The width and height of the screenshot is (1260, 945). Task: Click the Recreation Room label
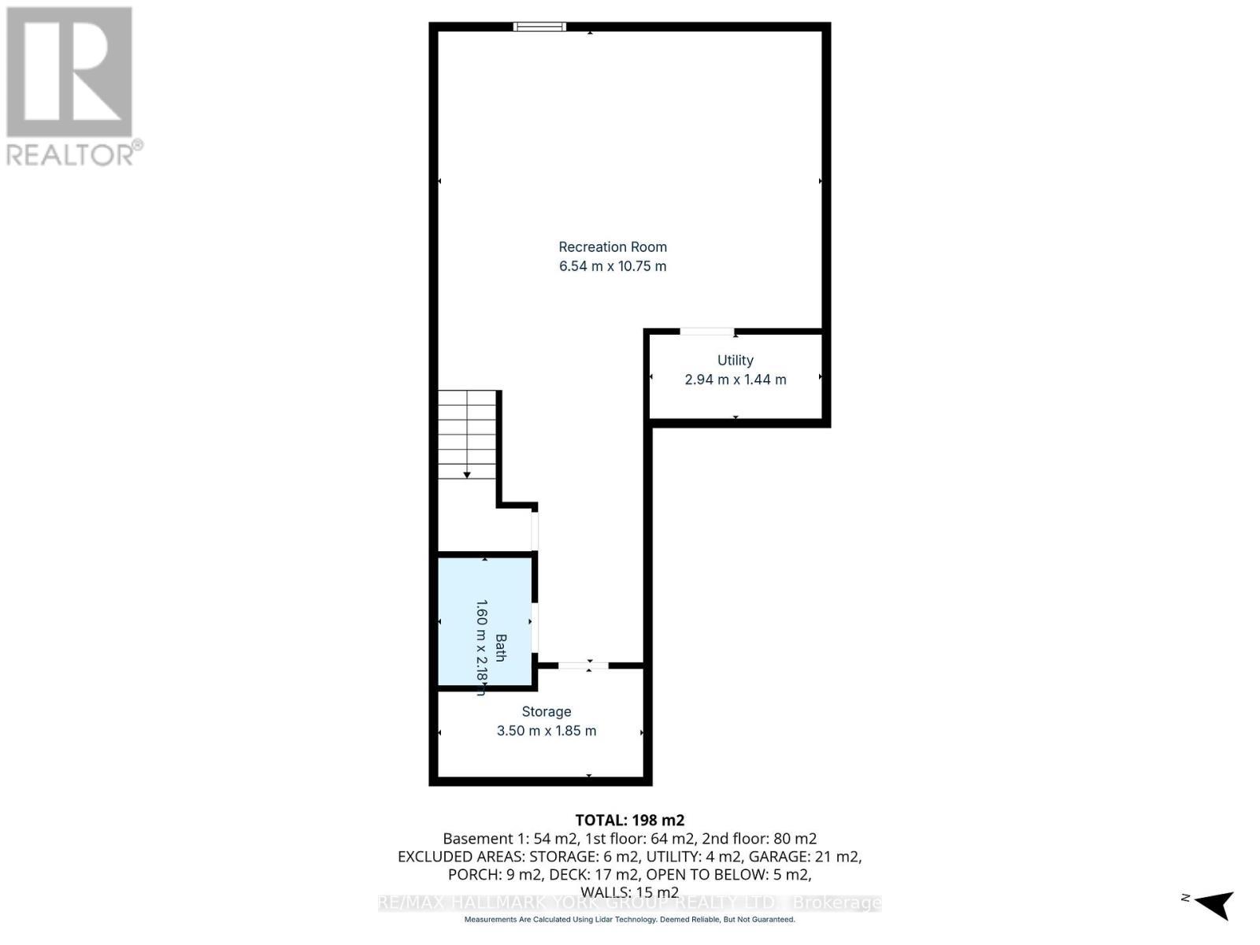(x=613, y=247)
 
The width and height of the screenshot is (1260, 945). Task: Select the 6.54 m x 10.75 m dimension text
(x=613, y=266)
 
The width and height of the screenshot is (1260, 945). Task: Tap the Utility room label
(x=735, y=361)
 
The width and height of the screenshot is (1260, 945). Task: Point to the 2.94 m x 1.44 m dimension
(x=735, y=380)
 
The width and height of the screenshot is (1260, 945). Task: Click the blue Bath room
(x=485, y=622)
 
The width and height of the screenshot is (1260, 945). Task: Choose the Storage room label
(x=546, y=712)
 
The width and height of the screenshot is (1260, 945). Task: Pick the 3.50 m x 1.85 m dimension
(x=546, y=731)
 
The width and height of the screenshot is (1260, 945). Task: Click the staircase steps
(x=467, y=433)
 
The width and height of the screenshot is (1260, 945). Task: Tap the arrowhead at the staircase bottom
(x=467, y=475)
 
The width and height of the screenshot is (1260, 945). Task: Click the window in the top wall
(x=539, y=27)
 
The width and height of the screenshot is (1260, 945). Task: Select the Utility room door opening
(x=707, y=332)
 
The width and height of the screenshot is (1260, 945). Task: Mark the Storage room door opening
(x=584, y=666)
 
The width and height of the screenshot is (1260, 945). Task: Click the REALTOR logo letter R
(x=69, y=72)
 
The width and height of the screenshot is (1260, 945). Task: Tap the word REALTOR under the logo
(x=69, y=154)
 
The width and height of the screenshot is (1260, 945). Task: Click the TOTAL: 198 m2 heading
(x=629, y=820)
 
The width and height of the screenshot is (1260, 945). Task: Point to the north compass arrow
(x=1214, y=903)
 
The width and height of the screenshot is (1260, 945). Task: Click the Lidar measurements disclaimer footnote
(x=629, y=920)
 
